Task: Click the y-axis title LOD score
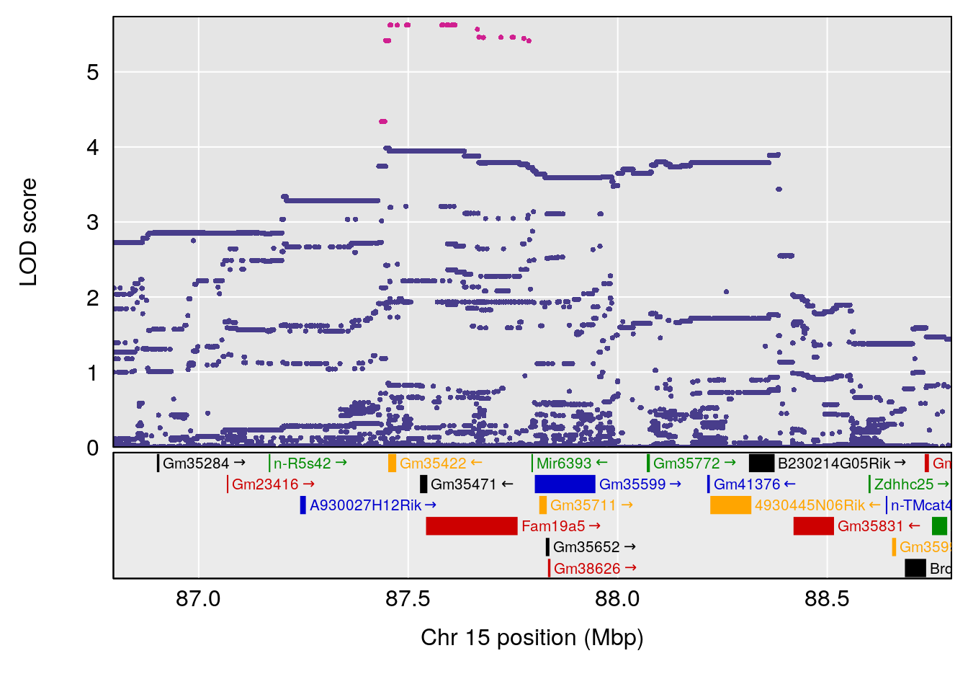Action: point(29,232)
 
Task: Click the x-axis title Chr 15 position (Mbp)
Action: point(532,638)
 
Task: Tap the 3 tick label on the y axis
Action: point(93,223)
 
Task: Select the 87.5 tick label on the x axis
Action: point(408,599)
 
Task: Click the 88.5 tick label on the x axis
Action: point(827,599)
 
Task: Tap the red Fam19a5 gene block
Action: point(471,526)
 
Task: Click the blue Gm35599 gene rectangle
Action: point(565,484)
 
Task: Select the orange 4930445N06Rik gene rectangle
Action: point(730,505)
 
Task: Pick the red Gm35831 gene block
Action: point(813,526)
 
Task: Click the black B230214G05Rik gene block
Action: point(761,463)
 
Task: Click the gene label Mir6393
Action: point(564,463)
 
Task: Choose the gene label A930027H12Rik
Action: point(365,505)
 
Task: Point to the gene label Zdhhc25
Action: point(904,484)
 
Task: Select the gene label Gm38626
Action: point(587,569)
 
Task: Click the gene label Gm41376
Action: point(747,484)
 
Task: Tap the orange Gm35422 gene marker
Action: point(392,463)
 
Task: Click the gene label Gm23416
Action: point(265,484)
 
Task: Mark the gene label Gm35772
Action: point(686,463)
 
